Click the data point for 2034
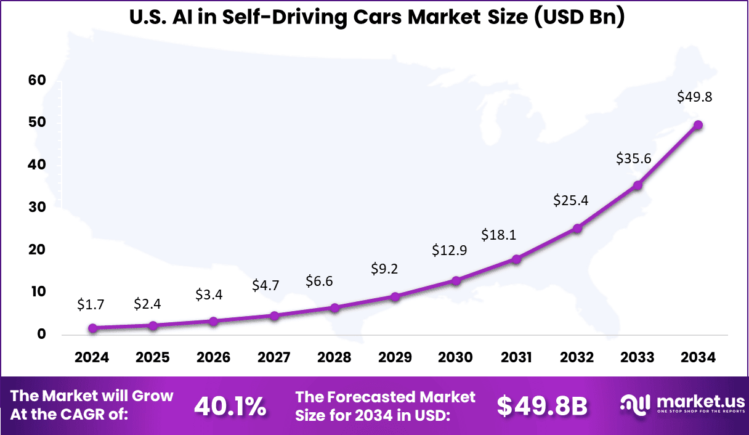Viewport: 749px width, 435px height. pos(698,125)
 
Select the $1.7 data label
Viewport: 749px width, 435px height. pos(92,304)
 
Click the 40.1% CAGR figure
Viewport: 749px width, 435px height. pos(230,406)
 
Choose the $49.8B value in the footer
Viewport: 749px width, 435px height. pos(542,406)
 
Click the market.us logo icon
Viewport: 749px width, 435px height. pos(635,405)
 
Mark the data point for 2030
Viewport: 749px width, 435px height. pos(456,281)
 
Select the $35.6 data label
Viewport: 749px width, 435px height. pos(634,158)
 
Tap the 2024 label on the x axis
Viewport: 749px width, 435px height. pos(92,358)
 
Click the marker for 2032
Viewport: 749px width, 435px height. pos(577,229)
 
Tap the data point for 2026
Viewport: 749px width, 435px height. pos(214,322)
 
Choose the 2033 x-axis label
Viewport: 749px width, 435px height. pos(638,358)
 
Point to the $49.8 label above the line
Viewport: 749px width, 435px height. pos(695,97)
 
